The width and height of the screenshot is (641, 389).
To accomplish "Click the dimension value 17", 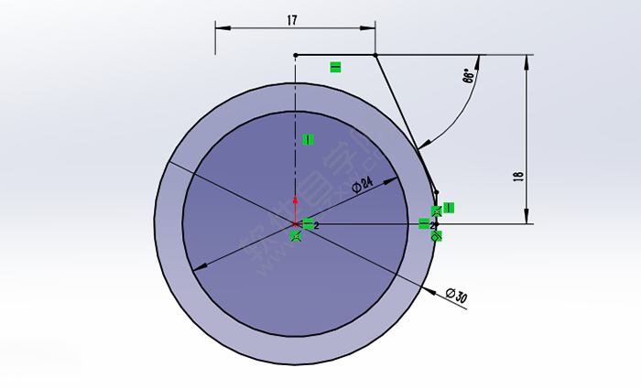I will [291, 19].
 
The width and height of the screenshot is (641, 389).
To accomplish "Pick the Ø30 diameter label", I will [456, 296].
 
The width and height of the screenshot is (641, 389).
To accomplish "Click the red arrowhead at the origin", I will [295, 198].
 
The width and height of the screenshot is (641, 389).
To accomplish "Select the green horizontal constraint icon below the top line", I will [335, 67].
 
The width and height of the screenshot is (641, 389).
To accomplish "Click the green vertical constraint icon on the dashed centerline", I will [308, 139].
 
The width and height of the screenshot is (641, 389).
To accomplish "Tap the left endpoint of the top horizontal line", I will [295, 56].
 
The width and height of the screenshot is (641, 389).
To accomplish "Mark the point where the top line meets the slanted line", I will [376, 56].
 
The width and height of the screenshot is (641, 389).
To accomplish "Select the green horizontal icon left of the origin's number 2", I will [309, 223].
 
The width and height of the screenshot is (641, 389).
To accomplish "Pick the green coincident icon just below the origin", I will [296, 235].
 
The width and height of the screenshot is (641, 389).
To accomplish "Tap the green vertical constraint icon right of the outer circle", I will [449, 207].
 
